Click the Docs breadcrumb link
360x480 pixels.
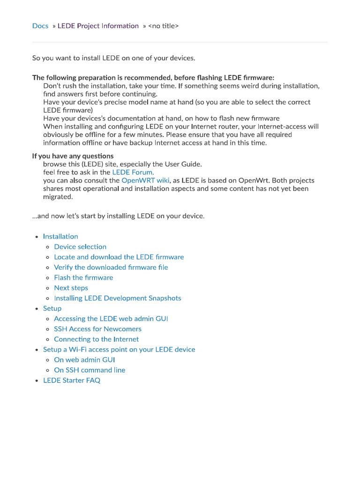[x=40, y=26]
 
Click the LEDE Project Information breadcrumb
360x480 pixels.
[x=98, y=26]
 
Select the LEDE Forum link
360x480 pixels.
[x=132, y=172]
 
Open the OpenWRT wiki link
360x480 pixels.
[x=145, y=180]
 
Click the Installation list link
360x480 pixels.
[x=60, y=237]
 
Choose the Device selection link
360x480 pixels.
[x=80, y=247]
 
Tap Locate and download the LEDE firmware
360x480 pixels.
[x=119, y=257]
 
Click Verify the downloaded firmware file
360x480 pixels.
[x=111, y=268]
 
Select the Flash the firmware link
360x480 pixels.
[x=83, y=278]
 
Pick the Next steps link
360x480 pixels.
[x=71, y=288]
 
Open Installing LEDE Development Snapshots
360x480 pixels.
[x=117, y=299]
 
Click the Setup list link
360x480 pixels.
[x=52, y=308]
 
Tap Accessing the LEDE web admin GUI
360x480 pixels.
[x=111, y=319]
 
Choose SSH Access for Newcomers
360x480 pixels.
[x=97, y=329]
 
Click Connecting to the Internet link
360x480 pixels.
[x=96, y=339]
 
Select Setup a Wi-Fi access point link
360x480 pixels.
[x=119, y=350]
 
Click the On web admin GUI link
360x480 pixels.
[x=84, y=360]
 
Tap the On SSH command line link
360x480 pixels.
[x=90, y=370]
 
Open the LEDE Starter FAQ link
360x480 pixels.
[x=72, y=381]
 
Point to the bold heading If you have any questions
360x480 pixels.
[x=73, y=156]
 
